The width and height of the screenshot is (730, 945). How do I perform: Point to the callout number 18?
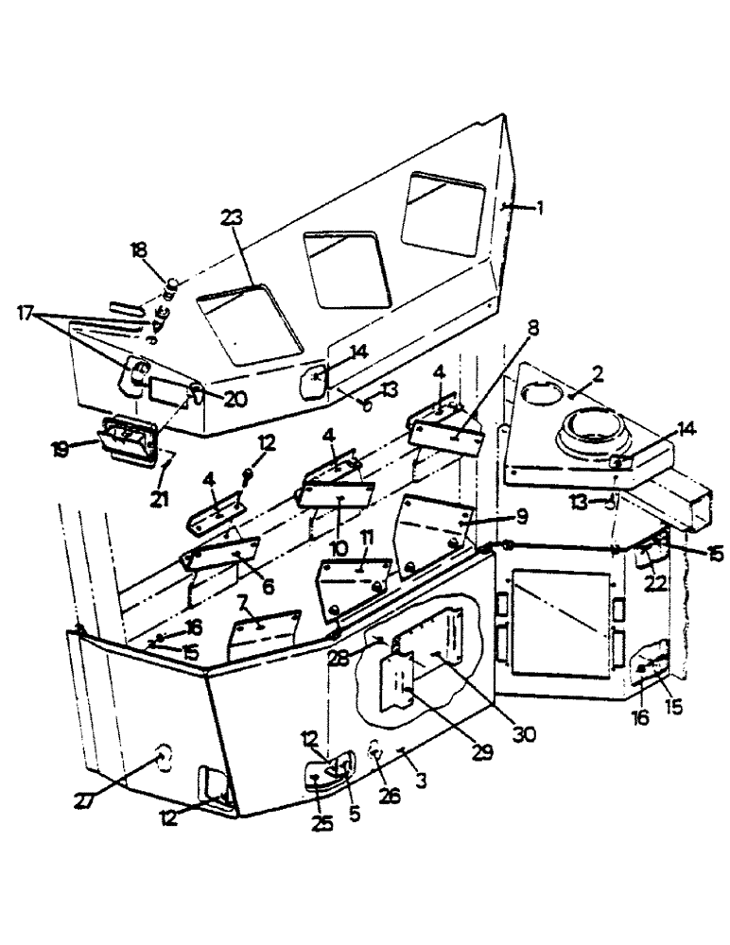coord(138,250)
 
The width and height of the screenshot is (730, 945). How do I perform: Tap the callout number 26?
coord(390,797)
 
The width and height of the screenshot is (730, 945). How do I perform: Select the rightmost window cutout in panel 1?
coord(443,213)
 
